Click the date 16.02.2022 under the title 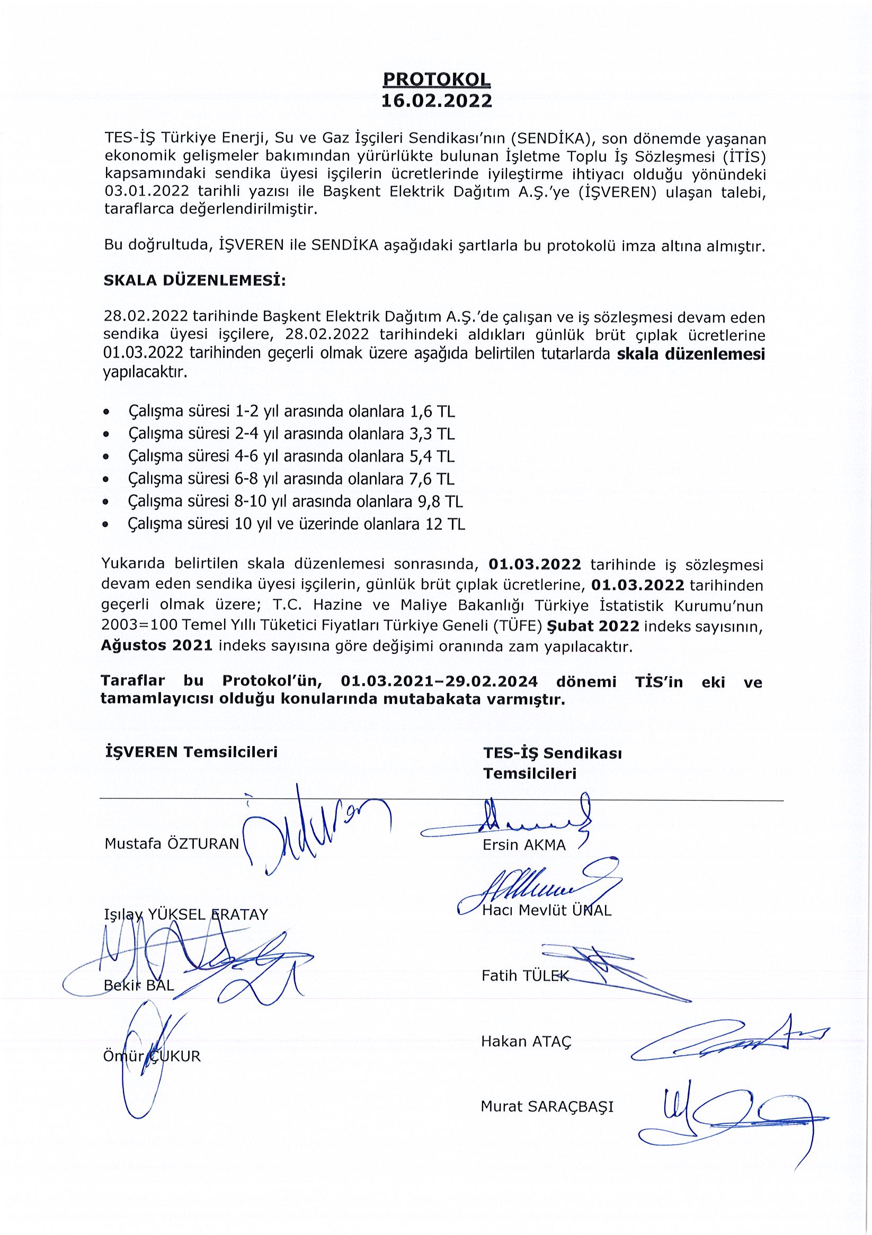tap(437, 101)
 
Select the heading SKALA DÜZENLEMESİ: tap(194, 280)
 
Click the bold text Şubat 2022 tap(593, 626)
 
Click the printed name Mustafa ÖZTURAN tap(172, 843)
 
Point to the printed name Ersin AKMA tap(524, 845)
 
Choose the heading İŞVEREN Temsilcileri tap(191, 751)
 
